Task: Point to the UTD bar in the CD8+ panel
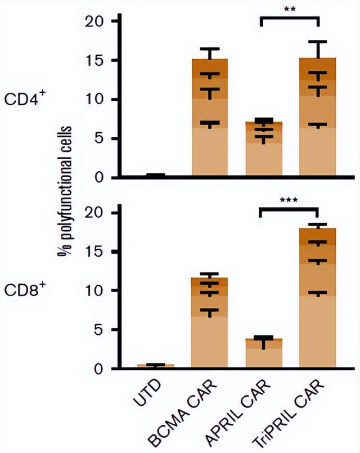tap(156, 366)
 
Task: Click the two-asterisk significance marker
tap(290, 9)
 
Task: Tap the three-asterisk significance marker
tap(290, 199)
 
